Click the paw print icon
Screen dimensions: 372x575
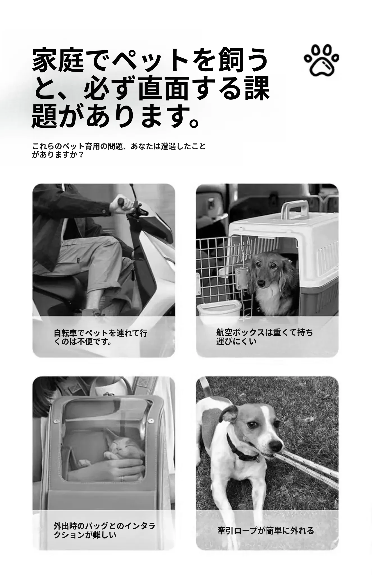322,61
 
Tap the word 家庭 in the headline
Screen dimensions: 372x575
58,60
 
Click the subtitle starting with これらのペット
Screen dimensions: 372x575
119,150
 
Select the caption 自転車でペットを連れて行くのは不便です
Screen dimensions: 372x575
100,337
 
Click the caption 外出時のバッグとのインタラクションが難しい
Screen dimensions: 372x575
104,530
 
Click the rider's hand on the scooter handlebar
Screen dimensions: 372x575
122,206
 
